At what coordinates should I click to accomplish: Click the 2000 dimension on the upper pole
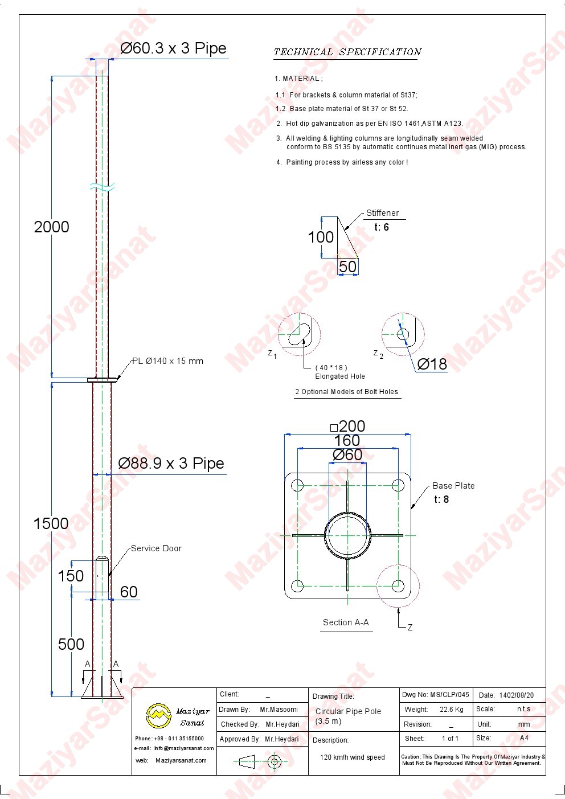click(x=51, y=227)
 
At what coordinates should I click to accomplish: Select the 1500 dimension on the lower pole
click(x=51, y=523)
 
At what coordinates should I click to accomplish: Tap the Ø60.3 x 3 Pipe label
click(x=173, y=48)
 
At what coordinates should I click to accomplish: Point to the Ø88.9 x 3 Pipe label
click(x=171, y=464)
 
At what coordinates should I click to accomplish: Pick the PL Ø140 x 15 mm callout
click(x=167, y=361)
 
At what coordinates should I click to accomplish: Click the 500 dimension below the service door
click(x=71, y=644)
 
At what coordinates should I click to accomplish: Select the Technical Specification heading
click(x=348, y=52)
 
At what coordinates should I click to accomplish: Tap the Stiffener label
click(x=382, y=213)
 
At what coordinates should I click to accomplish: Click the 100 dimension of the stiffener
click(x=321, y=237)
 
